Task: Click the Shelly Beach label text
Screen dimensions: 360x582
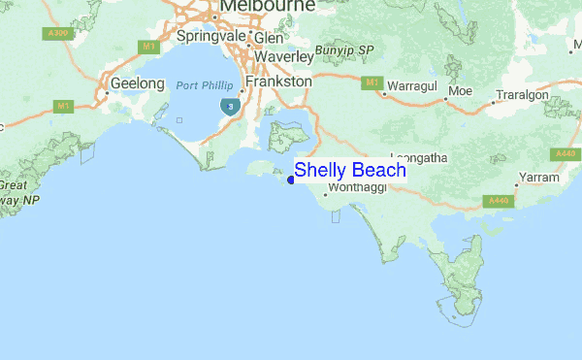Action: (x=350, y=170)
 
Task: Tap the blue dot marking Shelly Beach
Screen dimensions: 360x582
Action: (x=291, y=180)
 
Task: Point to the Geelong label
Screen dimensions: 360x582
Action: (x=138, y=83)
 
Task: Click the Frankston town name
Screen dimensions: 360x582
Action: (x=279, y=82)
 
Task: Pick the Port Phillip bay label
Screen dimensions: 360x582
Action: (x=205, y=86)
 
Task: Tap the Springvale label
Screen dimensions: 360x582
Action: (x=211, y=36)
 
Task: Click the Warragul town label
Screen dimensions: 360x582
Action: (x=414, y=87)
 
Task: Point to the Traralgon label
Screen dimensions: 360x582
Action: (x=522, y=97)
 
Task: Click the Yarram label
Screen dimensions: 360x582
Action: (x=539, y=178)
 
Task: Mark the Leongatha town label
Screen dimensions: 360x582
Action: (x=419, y=156)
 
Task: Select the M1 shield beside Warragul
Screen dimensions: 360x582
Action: (x=372, y=83)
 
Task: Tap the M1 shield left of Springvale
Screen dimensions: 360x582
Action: (x=148, y=46)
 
